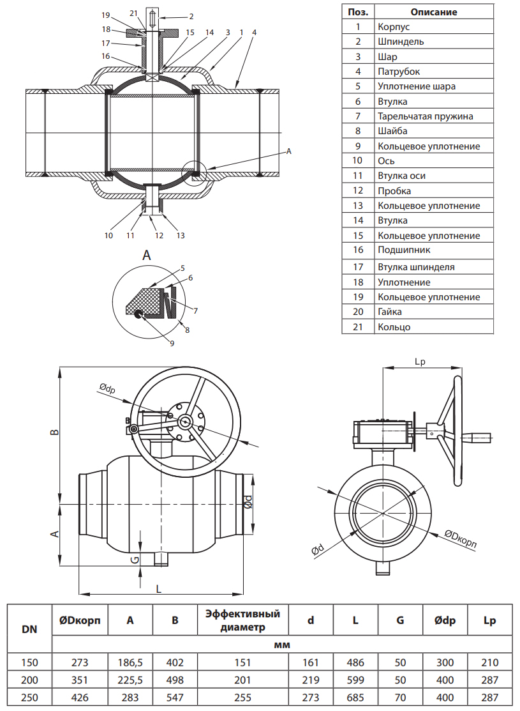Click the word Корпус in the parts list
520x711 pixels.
coord(394,27)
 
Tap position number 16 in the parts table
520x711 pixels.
coord(358,250)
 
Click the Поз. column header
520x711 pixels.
coord(358,11)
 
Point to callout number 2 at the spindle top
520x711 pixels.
coord(191,15)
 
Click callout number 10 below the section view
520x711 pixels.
coord(108,235)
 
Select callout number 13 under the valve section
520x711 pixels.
coord(181,235)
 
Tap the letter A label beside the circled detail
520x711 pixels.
coord(288,151)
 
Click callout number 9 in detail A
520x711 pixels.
coord(172,342)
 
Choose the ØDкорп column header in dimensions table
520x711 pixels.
coord(80,620)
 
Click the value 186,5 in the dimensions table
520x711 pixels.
coord(130,662)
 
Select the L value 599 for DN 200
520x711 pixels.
coord(355,680)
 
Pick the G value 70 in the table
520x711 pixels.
coord(400,698)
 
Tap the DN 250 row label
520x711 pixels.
coord(29,698)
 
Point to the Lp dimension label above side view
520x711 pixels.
coord(420,362)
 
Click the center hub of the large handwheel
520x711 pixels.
coord(186,421)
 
